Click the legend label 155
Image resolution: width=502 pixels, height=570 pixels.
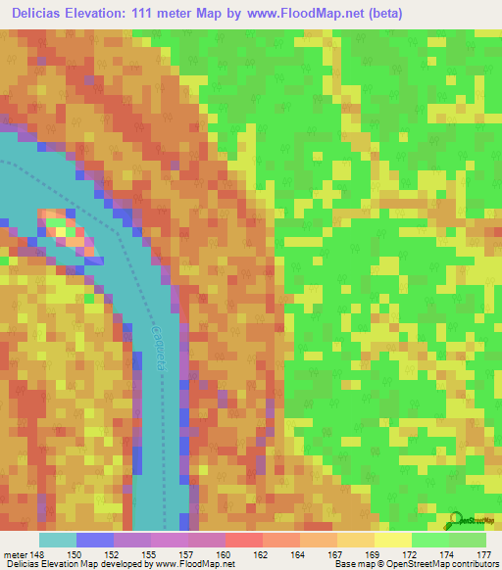pos(153,554)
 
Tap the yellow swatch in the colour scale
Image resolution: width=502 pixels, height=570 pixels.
pos(392,540)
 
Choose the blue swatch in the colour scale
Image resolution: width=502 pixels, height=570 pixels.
pos(95,540)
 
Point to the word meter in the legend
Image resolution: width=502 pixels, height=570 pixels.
pos(15,554)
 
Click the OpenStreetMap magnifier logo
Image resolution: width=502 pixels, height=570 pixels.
pos(456,518)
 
